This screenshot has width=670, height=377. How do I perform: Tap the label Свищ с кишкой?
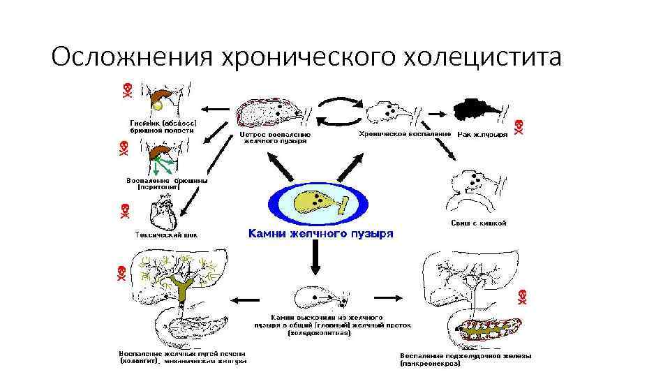[479, 223]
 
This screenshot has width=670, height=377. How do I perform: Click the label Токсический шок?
[165, 235]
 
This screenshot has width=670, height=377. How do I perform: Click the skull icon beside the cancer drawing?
[519, 127]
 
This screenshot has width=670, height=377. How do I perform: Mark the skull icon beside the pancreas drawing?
[521, 295]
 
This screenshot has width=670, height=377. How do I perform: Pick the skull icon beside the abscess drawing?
[128, 89]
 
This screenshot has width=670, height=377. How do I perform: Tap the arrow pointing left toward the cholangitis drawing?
[243, 300]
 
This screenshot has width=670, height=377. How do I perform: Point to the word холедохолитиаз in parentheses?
[320, 333]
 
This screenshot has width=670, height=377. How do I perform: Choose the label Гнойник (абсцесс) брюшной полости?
[163, 126]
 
